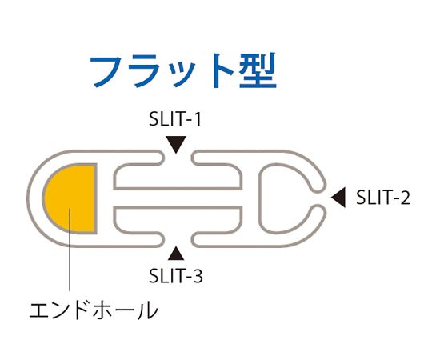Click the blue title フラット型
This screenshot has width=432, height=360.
[183, 70]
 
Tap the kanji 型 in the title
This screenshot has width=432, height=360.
[258, 70]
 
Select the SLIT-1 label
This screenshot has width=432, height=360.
[175, 119]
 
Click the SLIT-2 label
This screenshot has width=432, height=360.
[383, 198]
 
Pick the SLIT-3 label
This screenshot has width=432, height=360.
[176, 276]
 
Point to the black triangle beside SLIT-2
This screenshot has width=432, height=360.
[338, 198]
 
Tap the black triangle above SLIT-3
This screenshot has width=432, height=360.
[176, 254]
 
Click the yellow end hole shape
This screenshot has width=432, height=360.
[70, 198]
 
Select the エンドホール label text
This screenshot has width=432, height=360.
[94, 310]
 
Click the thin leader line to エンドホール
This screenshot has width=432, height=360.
[70, 250]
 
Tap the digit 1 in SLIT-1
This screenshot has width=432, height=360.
[197, 119]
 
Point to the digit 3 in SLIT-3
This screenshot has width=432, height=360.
[197, 276]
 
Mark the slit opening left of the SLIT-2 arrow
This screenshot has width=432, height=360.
[321, 198]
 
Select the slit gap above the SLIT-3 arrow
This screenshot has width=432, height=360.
[178, 238]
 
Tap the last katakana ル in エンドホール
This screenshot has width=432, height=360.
[149, 310]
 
